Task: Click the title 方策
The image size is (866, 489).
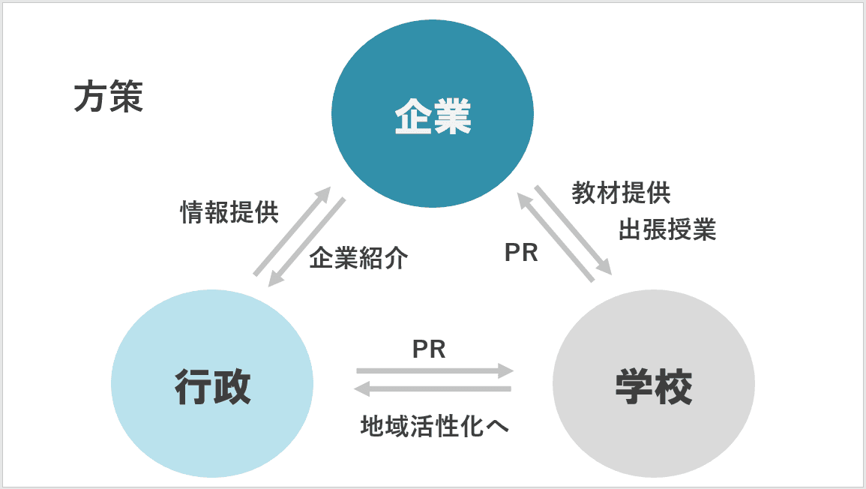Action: click(x=108, y=98)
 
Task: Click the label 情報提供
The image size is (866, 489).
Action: click(x=229, y=213)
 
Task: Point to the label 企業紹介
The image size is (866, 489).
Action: click(x=358, y=259)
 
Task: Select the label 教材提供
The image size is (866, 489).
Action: click(x=621, y=193)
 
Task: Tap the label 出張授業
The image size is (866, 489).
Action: click(x=667, y=229)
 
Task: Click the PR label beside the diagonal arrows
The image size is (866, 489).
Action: click(x=521, y=253)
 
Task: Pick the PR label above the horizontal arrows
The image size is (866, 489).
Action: click(x=429, y=349)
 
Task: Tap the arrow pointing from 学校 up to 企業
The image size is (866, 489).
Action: click(x=556, y=237)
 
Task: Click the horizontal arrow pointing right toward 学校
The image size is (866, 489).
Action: click(x=435, y=370)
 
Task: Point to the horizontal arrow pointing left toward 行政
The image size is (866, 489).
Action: click(x=433, y=388)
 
